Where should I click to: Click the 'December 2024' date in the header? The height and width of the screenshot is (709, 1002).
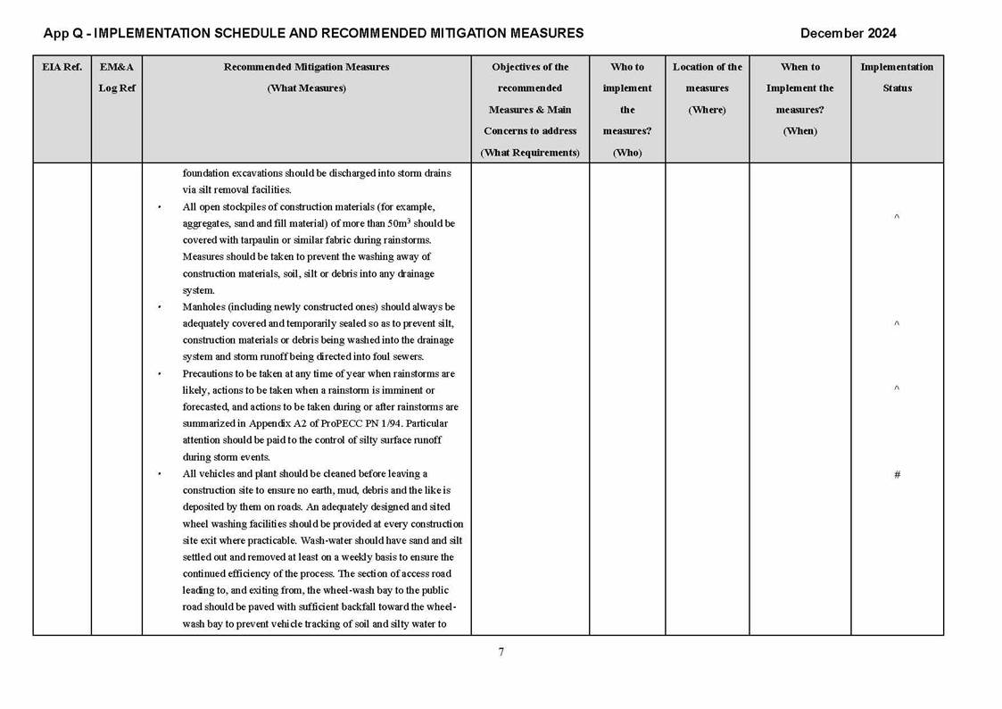tap(848, 34)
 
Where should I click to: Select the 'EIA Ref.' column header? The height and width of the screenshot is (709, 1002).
tap(62, 67)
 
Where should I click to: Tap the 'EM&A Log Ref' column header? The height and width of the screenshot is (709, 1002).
tap(117, 78)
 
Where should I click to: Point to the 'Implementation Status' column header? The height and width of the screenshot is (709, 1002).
tap(897, 78)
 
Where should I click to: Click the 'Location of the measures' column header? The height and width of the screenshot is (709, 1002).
tap(707, 88)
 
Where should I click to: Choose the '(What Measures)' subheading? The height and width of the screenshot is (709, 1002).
tap(306, 88)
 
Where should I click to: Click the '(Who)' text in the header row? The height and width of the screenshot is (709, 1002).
tap(627, 153)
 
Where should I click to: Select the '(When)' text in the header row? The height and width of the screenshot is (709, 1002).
tap(799, 131)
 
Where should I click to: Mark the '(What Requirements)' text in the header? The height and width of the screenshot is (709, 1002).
tap(530, 153)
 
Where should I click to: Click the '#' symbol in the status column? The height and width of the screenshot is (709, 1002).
tap(897, 475)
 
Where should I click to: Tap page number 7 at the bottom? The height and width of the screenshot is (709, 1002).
tap(501, 652)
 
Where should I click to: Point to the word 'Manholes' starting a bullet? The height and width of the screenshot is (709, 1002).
tap(203, 307)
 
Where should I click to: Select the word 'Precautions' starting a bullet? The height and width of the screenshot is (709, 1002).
tap(208, 373)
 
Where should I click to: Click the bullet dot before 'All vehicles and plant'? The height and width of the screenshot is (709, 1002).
tap(160, 474)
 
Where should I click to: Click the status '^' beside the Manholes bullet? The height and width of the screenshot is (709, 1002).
tap(897, 324)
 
